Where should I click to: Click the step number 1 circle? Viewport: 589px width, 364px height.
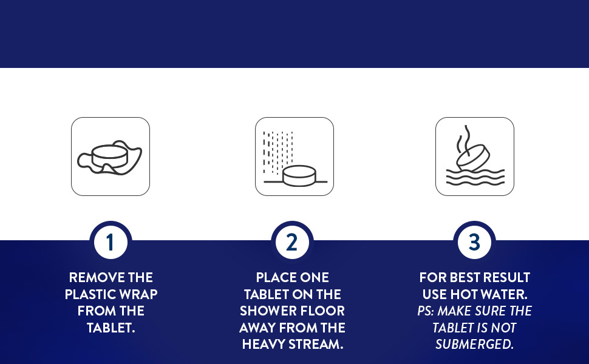[111, 242]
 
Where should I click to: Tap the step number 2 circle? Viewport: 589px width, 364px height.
[292, 242]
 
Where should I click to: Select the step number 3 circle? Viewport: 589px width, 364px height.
[474, 242]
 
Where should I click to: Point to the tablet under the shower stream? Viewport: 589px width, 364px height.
[299, 175]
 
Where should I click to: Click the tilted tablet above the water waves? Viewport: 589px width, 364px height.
[473, 158]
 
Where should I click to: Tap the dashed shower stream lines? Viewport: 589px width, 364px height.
[278, 153]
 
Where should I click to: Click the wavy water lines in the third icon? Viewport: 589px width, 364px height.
[475, 177]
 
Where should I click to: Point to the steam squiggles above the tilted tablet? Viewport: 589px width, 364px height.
[463, 139]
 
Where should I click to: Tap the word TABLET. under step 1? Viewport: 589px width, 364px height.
[111, 328]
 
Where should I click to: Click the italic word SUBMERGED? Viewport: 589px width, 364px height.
[474, 345]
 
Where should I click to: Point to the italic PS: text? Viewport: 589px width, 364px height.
[426, 311]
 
